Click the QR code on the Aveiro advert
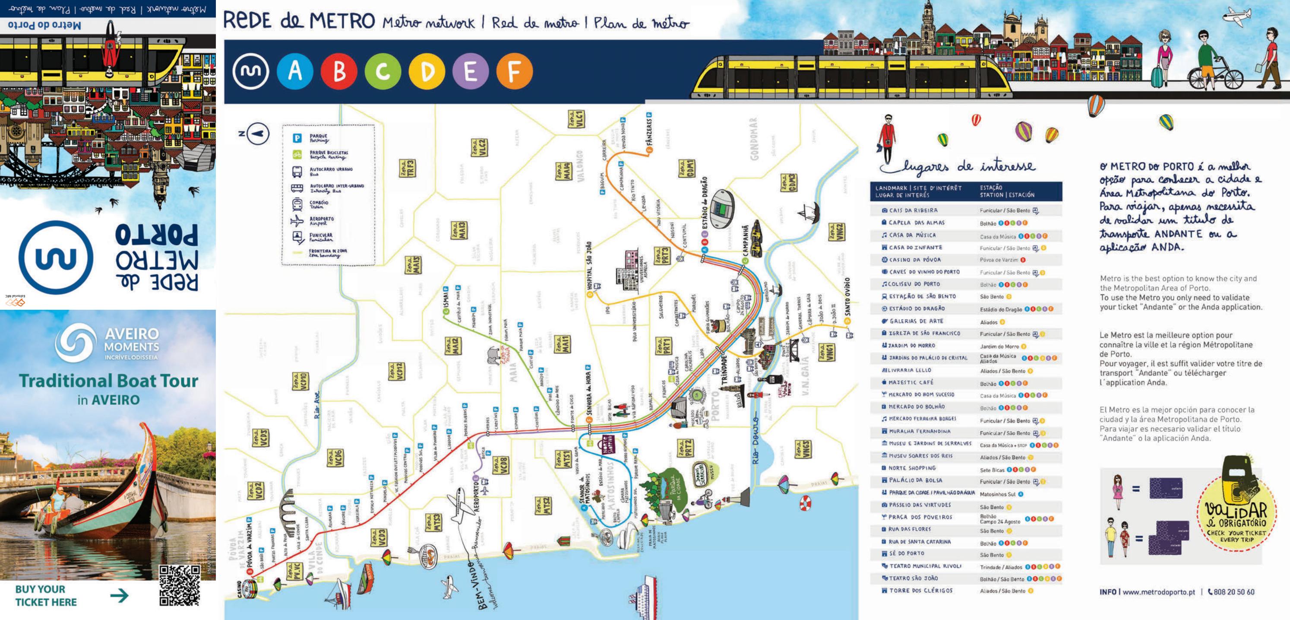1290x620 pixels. pyautogui.click(x=179, y=585)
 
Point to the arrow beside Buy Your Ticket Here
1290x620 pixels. pyautogui.click(x=119, y=595)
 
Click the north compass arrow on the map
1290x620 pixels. pyautogui.click(x=259, y=134)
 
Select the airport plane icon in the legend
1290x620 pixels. pyautogui.click(x=297, y=220)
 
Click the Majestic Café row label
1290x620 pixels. pyautogui.click(x=911, y=382)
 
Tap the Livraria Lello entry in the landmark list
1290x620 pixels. pyautogui.click(x=910, y=370)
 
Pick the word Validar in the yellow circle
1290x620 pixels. pyautogui.click(x=1236, y=512)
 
